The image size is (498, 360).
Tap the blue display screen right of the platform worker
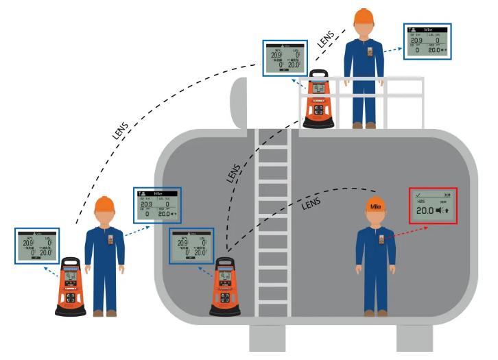(429, 41)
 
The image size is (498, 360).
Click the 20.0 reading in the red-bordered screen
(427, 211)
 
